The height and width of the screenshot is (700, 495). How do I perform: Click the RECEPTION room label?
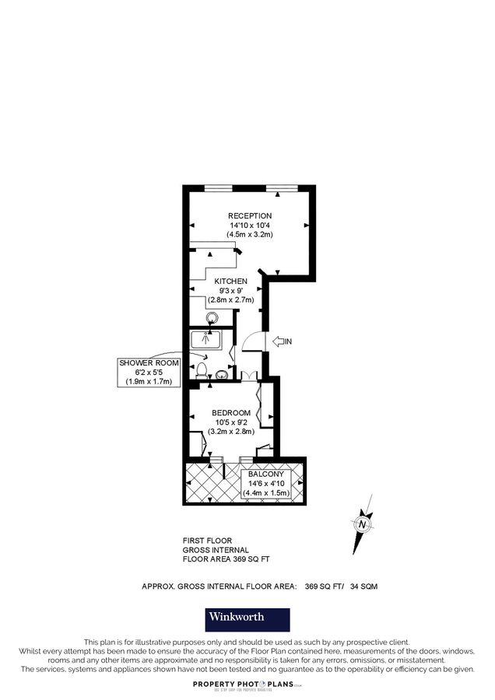coord(250,215)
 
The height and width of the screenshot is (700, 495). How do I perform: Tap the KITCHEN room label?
coord(231,281)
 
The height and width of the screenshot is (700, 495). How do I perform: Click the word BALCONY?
coord(266,474)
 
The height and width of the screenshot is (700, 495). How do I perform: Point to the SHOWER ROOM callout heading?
coord(149,363)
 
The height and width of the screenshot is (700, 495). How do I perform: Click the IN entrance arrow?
coord(281,341)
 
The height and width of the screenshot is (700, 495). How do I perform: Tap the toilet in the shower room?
coord(202,370)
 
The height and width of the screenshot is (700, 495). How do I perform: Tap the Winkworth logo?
coord(247,618)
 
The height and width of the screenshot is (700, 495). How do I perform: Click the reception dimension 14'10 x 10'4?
coord(250,225)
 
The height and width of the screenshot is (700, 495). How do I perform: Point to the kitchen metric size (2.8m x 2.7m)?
coord(231,299)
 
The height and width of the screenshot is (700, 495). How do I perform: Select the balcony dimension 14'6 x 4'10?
coord(266,483)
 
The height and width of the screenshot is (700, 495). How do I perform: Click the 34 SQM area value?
coord(363,586)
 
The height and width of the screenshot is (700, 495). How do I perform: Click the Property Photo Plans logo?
coord(247,684)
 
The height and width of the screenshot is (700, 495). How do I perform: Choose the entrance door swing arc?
coord(251,341)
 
